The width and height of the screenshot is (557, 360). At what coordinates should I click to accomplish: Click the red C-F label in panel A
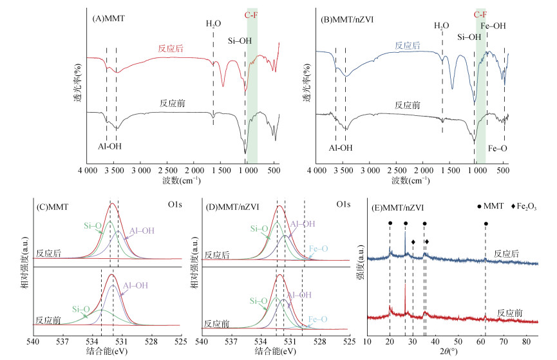click(251, 15)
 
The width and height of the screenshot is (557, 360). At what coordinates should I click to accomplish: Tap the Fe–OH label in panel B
click(493, 26)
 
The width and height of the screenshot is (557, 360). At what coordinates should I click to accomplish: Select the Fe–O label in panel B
click(497, 149)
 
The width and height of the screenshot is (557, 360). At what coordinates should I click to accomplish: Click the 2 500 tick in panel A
click(167, 171)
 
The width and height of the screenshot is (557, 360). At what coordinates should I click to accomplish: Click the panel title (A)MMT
click(109, 19)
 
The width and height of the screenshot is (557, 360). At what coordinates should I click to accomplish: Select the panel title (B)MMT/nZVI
click(347, 19)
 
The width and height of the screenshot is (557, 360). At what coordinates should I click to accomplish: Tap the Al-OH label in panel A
click(109, 146)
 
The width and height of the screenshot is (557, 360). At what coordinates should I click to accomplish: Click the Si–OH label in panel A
click(240, 41)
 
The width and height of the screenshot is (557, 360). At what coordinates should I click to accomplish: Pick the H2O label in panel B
click(442, 26)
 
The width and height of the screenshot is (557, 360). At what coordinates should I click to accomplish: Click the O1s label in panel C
click(175, 204)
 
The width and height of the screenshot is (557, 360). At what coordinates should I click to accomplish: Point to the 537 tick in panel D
click(231, 342)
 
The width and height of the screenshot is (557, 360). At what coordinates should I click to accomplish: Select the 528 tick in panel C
click(151, 342)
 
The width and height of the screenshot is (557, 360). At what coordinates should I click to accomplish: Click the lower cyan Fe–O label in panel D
click(318, 319)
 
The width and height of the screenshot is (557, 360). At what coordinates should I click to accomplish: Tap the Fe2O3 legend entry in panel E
click(524, 207)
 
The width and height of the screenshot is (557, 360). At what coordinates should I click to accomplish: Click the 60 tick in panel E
click(481, 342)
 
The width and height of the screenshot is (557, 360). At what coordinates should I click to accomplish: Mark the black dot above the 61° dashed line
click(486, 223)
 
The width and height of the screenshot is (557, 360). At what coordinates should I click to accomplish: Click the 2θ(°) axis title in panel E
click(449, 352)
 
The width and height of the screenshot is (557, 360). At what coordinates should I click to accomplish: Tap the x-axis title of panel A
click(182, 180)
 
